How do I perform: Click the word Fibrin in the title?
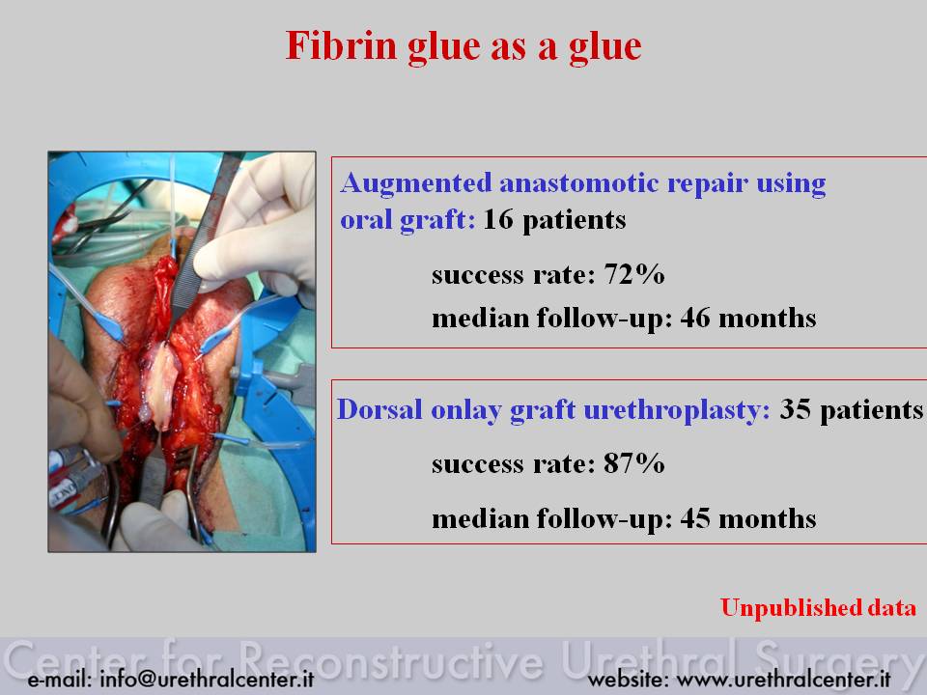(x=341, y=45)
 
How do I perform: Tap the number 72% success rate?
(x=634, y=274)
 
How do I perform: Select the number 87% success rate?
(x=634, y=463)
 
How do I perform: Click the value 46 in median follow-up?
(x=695, y=318)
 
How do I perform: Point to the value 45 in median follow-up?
(x=695, y=518)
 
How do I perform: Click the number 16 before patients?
(x=498, y=219)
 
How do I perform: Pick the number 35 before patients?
(x=795, y=409)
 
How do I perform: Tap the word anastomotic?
(x=579, y=182)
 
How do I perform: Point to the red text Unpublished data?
(x=818, y=607)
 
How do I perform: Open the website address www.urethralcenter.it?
(x=783, y=679)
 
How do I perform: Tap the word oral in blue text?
(x=365, y=219)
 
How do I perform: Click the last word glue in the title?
(x=605, y=47)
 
